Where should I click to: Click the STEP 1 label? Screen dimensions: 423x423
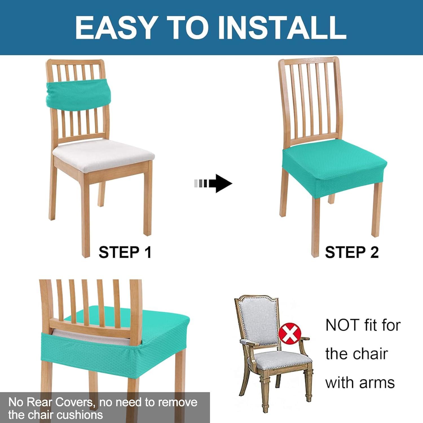[x=125, y=252]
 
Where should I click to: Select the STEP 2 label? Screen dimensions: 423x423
[x=352, y=252]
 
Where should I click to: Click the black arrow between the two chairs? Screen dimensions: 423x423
[x=213, y=184]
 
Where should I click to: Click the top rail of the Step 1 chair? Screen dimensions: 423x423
[x=75, y=62]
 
